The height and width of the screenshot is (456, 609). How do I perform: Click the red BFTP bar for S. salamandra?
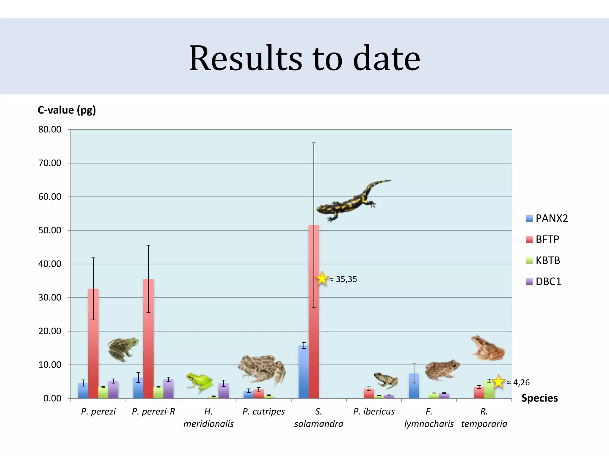(x=314, y=312)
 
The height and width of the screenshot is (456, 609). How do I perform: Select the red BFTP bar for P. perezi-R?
(x=148, y=338)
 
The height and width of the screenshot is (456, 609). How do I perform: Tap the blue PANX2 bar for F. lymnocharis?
(x=414, y=386)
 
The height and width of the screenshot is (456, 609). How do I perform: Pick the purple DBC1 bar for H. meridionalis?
(x=223, y=391)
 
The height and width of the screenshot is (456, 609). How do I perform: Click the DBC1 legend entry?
(x=544, y=281)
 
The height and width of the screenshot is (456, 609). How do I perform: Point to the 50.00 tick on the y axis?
(x=50, y=230)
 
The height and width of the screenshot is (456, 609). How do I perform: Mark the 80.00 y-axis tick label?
(x=50, y=129)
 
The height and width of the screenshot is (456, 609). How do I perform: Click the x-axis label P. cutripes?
(x=263, y=411)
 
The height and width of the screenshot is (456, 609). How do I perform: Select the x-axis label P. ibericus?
(x=374, y=411)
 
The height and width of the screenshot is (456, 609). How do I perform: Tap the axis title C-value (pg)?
(x=67, y=110)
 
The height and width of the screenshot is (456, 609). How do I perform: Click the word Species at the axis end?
(x=539, y=398)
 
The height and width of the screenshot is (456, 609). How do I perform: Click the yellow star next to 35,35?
(x=322, y=278)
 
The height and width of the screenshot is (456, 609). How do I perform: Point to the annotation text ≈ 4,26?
(x=518, y=382)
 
